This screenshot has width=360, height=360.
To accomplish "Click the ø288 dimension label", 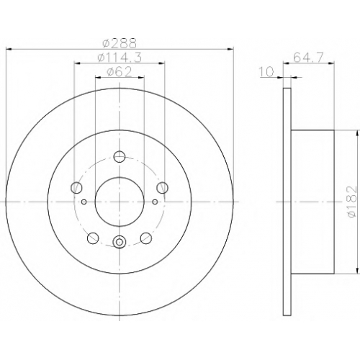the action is pyautogui.click(x=120, y=43).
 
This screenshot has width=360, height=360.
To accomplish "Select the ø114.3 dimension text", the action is pyautogui.click(x=120, y=58).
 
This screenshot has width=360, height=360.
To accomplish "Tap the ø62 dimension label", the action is pyautogui.click(x=120, y=72).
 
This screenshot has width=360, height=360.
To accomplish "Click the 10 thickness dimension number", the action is pyautogui.click(x=266, y=72).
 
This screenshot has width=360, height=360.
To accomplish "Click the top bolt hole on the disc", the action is pyautogui.click(x=120, y=157).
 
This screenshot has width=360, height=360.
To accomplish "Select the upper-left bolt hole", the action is pyautogui.click(x=76, y=187).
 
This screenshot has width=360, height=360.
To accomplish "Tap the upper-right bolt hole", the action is pyautogui.click(x=162, y=187).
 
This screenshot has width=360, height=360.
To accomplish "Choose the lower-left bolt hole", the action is pyautogui.click(x=93, y=238).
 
